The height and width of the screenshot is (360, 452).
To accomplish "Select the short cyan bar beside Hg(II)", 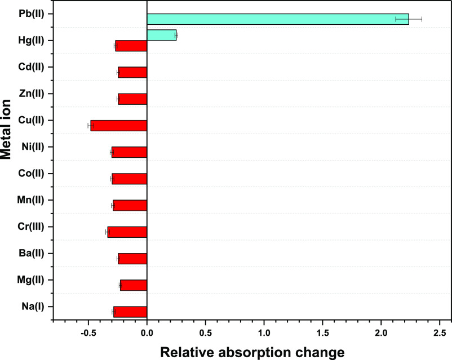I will (161, 35).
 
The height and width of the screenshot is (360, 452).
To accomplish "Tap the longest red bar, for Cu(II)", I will (118, 126).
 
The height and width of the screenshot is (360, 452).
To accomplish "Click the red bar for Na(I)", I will (130, 312).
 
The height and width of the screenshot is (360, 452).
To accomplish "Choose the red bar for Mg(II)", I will (133, 286).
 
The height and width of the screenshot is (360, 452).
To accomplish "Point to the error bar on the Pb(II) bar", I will (409, 19).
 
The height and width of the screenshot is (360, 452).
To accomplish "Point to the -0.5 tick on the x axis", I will (88, 332).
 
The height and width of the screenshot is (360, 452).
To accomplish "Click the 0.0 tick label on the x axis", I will (147, 332).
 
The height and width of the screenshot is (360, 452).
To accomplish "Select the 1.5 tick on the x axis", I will (322, 332).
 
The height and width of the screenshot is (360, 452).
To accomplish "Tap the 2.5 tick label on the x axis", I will (440, 332).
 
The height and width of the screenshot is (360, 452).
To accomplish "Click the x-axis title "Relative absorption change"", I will (252, 352).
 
